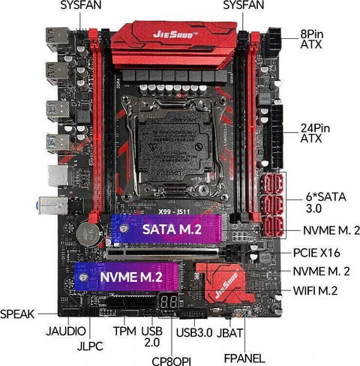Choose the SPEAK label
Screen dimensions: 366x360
pos(17,313)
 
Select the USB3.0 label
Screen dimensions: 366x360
pos(193,331)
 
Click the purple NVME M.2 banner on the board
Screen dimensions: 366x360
pos(129,277)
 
